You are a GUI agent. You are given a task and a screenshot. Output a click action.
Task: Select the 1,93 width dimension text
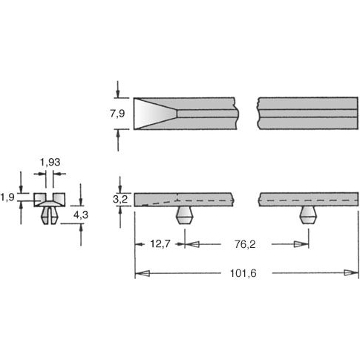pyautogui.click(x=50, y=162)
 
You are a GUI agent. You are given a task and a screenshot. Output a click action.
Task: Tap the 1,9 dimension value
pyautogui.click(x=7, y=197)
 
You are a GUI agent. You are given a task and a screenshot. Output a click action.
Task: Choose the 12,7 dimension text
pyautogui.click(x=162, y=243)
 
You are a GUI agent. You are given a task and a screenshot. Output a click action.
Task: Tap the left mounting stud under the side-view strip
pyautogui.click(x=185, y=216)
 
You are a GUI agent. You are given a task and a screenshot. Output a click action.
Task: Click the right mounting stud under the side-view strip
pyautogui.click(x=308, y=216)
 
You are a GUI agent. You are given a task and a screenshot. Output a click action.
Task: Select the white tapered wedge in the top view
pyautogui.click(x=152, y=114)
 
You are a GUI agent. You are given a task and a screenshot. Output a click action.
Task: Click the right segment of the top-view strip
pyautogui.click(x=307, y=114)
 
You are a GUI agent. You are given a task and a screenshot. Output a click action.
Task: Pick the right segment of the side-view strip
pyautogui.click(x=307, y=200)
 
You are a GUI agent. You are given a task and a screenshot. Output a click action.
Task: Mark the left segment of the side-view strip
pyautogui.click(x=184, y=200)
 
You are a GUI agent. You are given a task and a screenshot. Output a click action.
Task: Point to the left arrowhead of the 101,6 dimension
pyautogui.click(x=143, y=273)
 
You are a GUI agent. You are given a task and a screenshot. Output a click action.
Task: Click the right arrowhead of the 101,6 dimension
pyautogui.click(x=350, y=273)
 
